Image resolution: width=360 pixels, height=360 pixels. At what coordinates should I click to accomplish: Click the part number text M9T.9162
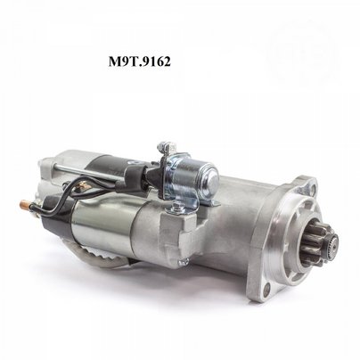(139, 61)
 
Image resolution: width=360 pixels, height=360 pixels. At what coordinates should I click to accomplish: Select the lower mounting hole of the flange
(267, 288)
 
